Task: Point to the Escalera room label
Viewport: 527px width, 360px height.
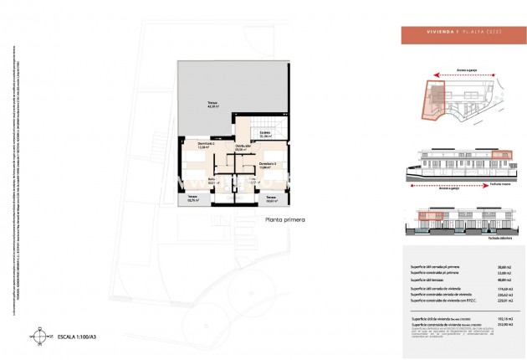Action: tap(264, 135)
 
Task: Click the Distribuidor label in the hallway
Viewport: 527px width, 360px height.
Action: tap(244, 148)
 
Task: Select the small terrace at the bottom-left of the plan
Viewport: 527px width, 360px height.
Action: tap(193, 199)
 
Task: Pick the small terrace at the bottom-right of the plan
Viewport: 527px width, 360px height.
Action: tap(272, 200)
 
